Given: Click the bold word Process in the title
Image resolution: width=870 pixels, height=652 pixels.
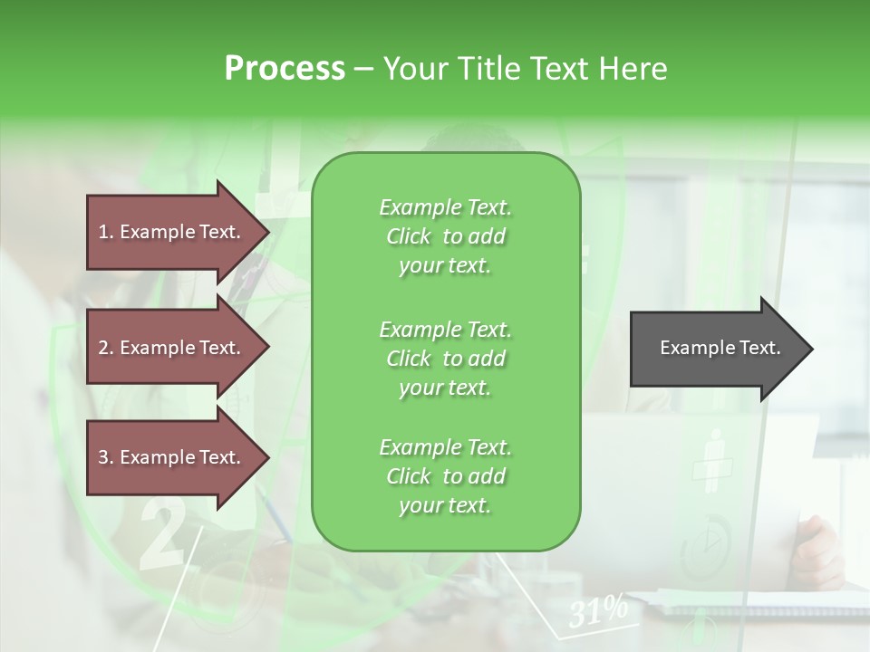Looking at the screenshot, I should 285,69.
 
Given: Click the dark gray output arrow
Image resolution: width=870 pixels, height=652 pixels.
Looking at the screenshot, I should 716,349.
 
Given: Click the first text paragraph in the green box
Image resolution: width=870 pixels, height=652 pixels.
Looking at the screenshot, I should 445,236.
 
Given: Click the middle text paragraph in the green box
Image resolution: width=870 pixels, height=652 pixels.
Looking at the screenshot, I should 445,358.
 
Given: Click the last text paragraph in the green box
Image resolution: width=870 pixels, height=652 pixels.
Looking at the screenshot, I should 445,476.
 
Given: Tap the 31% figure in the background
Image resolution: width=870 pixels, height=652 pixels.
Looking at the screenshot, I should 598,611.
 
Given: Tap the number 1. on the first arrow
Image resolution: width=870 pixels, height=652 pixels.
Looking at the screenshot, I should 105,232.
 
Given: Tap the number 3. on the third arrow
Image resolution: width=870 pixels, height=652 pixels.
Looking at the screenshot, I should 105,458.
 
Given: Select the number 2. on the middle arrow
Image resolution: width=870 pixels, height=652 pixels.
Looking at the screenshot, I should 105,348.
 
